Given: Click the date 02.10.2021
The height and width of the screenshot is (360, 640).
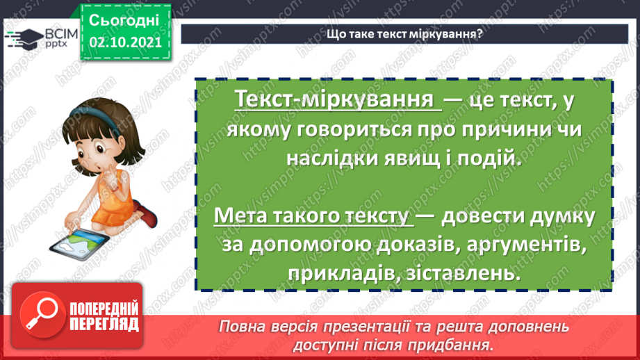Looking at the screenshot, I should click(126, 42).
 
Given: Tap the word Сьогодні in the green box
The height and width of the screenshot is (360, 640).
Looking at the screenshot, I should click(125, 19).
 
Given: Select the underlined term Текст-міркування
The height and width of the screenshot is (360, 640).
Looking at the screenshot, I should click(338, 100).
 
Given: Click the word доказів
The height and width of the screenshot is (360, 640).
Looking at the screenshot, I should click(402, 245).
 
